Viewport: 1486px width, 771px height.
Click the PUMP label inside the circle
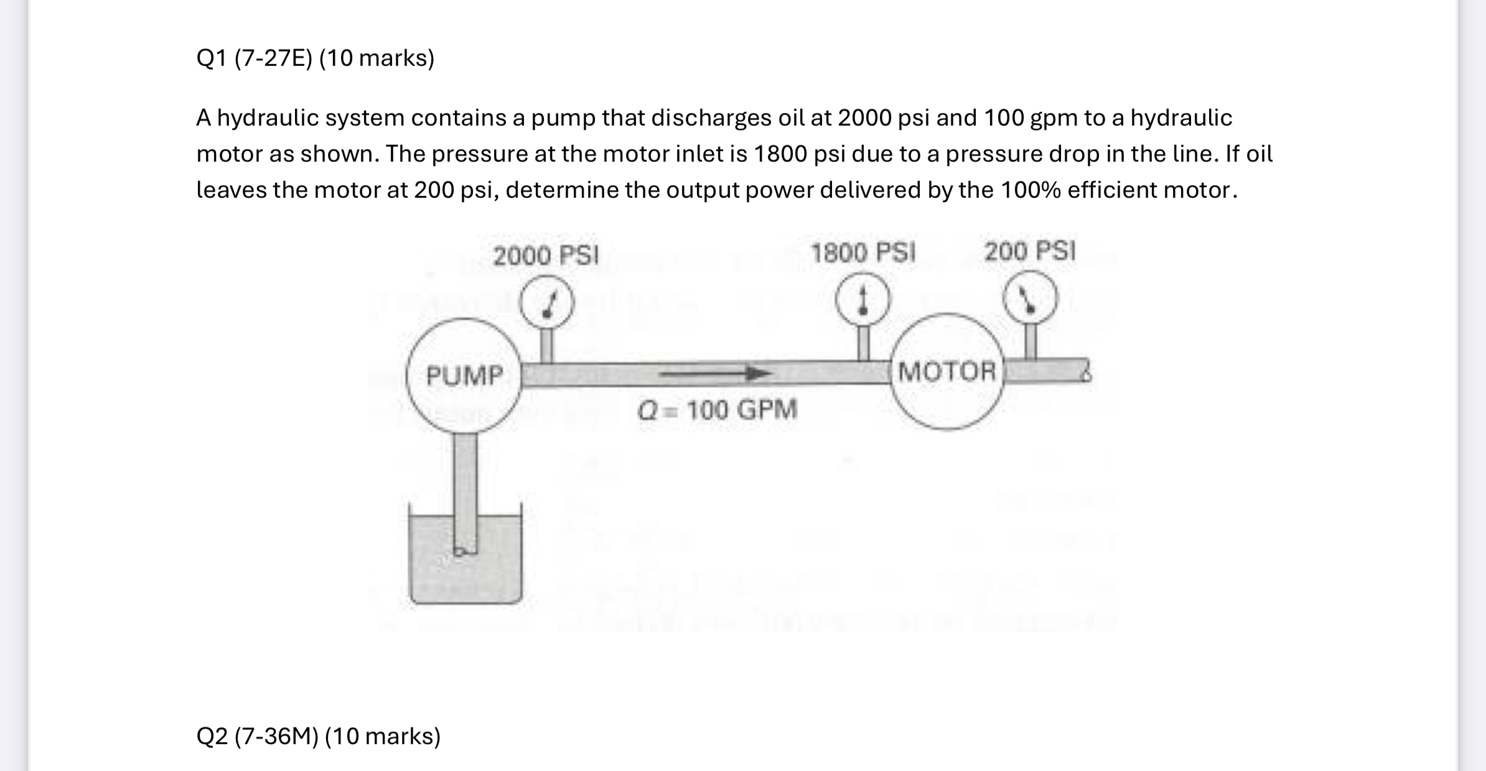click(x=464, y=375)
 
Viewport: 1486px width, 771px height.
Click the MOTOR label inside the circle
click(x=947, y=371)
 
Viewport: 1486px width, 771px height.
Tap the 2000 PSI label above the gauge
click(x=546, y=256)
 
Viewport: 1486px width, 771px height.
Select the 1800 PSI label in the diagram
click(x=862, y=253)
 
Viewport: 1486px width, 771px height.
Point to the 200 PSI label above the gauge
click(x=1029, y=251)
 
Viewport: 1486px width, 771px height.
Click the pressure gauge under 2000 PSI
click(x=546, y=302)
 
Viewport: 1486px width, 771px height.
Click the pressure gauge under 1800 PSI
click(x=862, y=300)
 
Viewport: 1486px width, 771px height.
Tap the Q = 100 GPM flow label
click(x=717, y=410)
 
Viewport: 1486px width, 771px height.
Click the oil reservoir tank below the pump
click(x=465, y=572)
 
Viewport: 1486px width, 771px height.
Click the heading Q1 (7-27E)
click(x=315, y=58)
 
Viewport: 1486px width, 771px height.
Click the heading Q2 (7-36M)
click(x=318, y=736)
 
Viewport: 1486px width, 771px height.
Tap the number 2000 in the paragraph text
click(x=864, y=118)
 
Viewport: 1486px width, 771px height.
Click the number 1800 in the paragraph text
click(x=780, y=154)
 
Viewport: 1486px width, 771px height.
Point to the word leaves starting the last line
click(x=231, y=190)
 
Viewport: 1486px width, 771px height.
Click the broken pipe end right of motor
click(x=1084, y=371)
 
